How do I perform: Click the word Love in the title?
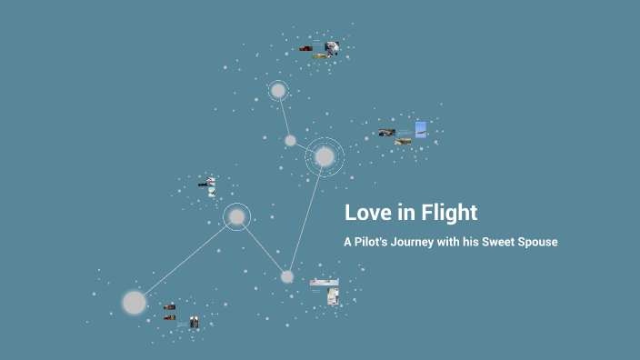pos(367,213)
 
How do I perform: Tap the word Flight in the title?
pos(446,213)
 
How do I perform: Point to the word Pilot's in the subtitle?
pos(375,243)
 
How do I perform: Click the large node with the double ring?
pos(325,157)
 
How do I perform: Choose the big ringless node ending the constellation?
pos(135,302)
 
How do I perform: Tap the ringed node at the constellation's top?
pos(278,91)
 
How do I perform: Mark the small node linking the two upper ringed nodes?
pos(290,141)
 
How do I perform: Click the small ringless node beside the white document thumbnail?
pos(287,276)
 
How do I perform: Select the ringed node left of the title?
pos(236,216)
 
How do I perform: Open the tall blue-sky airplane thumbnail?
pos(421,129)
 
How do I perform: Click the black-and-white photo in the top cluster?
pos(332,46)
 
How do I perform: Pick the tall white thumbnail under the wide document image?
pos(334,296)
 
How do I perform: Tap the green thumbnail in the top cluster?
pos(320,56)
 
